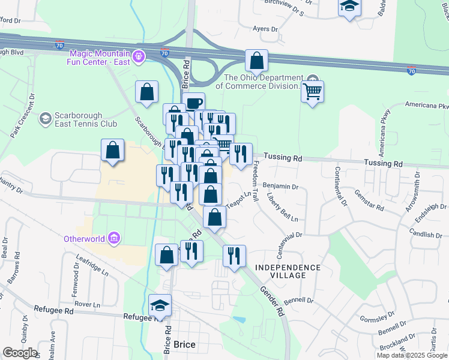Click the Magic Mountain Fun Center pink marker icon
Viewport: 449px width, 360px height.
[139, 56]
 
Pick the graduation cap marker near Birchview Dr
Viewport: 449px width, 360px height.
[349, 8]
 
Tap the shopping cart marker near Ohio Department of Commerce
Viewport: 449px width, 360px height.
[312, 92]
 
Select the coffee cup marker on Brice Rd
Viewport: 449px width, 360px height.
[193, 104]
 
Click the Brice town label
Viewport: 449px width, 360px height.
[184, 346]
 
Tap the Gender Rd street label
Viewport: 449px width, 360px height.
[271, 301]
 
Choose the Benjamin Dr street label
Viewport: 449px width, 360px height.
[280, 187]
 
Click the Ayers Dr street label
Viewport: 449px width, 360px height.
[265, 29]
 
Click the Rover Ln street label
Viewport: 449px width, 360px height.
[88, 304]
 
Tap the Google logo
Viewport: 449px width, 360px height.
[19, 353]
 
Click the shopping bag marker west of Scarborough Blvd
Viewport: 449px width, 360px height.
[113, 151]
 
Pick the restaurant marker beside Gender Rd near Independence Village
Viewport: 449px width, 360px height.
[234, 256]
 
